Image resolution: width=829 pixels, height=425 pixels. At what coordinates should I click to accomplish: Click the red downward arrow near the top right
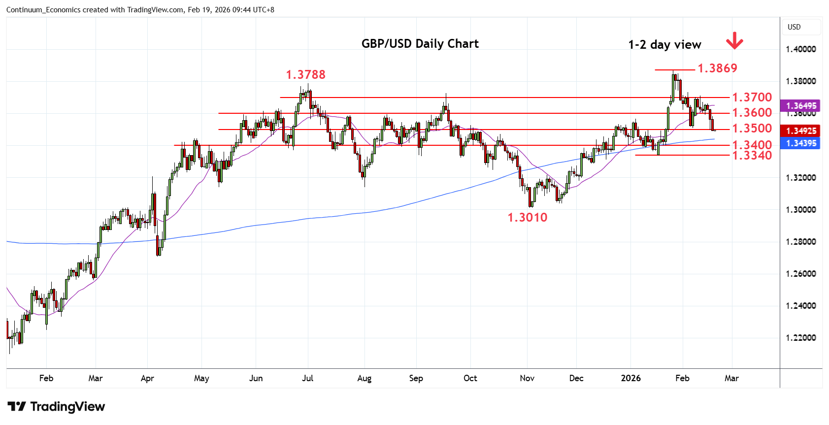[734, 41]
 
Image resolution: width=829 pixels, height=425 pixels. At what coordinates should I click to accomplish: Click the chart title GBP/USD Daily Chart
[420, 44]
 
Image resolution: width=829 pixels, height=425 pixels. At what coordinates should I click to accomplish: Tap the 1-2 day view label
[664, 45]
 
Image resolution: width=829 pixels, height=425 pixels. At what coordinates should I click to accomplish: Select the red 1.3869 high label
[717, 68]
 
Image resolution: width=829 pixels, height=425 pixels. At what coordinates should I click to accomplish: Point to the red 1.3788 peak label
[305, 75]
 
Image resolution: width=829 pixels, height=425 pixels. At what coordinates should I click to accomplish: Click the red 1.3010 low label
[527, 218]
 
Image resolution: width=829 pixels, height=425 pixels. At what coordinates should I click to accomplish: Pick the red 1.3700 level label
[752, 98]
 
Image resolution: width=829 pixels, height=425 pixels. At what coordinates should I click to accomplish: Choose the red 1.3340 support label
[752, 156]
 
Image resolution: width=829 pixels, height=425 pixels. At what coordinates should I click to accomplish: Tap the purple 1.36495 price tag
[801, 106]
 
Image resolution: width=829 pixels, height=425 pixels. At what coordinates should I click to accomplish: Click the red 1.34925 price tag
[801, 131]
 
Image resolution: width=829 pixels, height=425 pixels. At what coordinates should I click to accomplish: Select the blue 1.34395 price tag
[801, 143]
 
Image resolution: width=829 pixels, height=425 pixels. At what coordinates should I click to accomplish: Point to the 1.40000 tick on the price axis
[800, 49]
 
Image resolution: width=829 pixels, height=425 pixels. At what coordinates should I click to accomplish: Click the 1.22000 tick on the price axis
[800, 338]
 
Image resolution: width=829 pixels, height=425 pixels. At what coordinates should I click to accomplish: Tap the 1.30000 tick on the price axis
[800, 210]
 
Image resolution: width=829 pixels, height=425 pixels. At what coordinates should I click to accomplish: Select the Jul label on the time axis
[307, 378]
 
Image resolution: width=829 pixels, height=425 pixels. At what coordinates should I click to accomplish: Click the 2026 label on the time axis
[630, 378]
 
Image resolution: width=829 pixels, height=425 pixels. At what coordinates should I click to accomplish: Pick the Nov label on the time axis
[527, 378]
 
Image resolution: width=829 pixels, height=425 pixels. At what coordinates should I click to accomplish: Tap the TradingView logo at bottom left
[56, 407]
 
